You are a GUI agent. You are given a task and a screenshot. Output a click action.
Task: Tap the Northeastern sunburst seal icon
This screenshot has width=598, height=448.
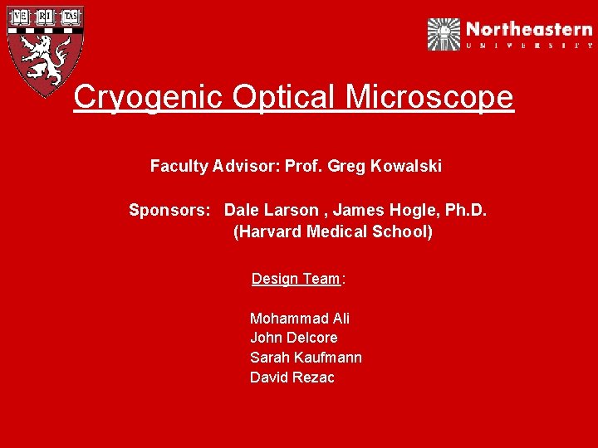444,34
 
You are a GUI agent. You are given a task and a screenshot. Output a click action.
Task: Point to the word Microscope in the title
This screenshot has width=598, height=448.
429,97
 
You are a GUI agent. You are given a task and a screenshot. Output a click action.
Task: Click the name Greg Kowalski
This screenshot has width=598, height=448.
385,166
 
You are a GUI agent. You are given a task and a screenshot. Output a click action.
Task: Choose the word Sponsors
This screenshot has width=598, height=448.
169,210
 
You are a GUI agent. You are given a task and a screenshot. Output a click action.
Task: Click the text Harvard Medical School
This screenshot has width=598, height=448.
333,231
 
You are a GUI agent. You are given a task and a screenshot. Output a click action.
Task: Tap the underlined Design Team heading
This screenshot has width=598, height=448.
296,279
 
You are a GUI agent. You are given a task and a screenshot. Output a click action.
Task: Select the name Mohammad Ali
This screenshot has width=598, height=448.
300,319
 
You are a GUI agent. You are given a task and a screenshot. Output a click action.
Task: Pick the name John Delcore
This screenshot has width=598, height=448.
294,338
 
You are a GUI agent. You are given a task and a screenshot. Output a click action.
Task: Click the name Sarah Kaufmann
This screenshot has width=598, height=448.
306,358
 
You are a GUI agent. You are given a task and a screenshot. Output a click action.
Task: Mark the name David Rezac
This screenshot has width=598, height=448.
292,377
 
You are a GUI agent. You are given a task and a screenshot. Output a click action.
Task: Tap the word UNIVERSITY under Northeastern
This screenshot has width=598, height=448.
529,46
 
